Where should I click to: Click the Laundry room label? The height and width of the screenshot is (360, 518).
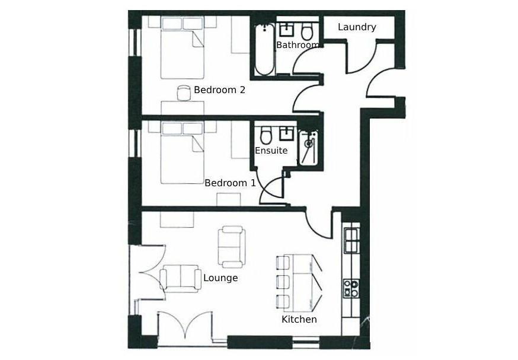[x=357, y=27]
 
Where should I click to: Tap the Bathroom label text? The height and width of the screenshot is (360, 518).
[x=298, y=45]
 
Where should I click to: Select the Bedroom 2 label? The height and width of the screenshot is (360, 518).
[x=219, y=90]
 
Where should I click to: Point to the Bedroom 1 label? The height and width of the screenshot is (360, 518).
[x=230, y=183]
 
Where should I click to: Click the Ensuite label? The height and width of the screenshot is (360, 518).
[x=271, y=151]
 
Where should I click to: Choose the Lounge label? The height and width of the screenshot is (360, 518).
[x=220, y=278]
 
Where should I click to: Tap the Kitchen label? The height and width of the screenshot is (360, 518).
[x=299, y=319]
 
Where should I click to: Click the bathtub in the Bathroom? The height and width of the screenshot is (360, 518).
[x=265, y=50]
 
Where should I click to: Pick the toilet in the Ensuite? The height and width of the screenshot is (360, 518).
[x=266, y=136]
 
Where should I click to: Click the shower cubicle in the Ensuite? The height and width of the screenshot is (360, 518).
[x=308, y=147]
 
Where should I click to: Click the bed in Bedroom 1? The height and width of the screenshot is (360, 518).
[x=182, y=152]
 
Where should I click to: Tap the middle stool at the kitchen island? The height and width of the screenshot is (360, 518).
[x=283, y=281]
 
